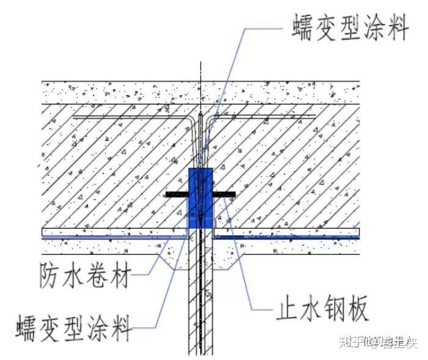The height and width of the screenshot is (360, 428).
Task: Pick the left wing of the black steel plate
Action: (x=176, y=195)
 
